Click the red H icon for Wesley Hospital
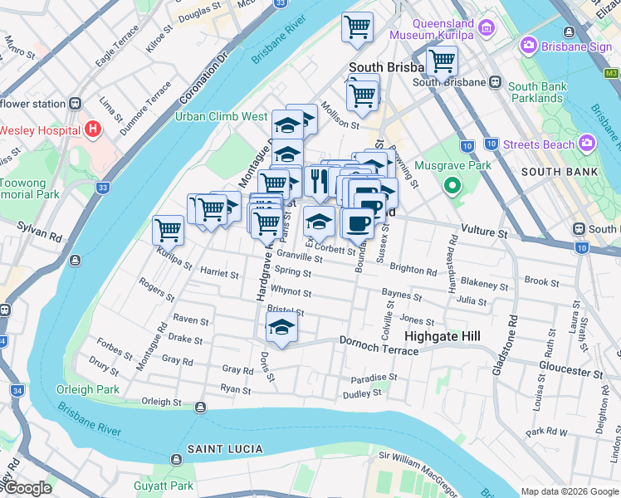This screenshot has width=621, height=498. pyautogui.click(x=92, y=130)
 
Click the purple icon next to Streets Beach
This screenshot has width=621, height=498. pyautogui.click(x=589, y=144)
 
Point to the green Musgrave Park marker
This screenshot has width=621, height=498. pyautogui.click(x=452, y=185)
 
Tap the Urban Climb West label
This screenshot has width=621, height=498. pyautogui.click(x=221, y=117)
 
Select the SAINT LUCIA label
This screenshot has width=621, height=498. pyautogui.click(x=224, y=449)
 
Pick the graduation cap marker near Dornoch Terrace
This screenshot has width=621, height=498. pyautogui.click(x=281, y=328)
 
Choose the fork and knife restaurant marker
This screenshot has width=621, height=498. pyautogui.click(x=319, y=180)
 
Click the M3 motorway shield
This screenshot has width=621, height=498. pyautogui.click(x=611, y=73)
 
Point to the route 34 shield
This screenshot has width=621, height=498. pyautogui.click(x=17, y=389)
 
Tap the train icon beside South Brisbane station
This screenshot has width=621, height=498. pyautogui.click(x=495, y=82)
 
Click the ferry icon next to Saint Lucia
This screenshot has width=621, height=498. pyautogui.click(x=176, y=459)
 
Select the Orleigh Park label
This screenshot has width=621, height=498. pyautogui.click(x=88, y=389)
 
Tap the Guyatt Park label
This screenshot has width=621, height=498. pyautogui.click(x=164, y=486)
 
